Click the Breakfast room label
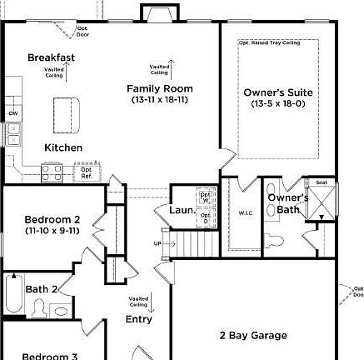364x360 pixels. [x=51, y=57]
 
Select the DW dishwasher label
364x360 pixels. [x=12, y=112]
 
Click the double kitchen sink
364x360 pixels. [x=13, y=133]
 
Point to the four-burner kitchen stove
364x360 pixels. [x=52, y=172]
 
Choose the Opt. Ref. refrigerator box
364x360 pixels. [x=86, y=173]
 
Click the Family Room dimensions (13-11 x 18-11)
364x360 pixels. [x=159, y=100]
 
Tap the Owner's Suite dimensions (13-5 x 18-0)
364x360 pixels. [x=278, y=104]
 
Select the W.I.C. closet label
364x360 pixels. [x=245, y=213]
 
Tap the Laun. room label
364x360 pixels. [x=182, y=211]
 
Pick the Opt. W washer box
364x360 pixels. [x=205, y=197]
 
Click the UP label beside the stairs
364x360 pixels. [x=158, y=243]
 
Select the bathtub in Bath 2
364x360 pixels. [x=14, y=293]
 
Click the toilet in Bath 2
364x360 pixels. [x=37, y=309]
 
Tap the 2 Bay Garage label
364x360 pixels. [x=253, y=336]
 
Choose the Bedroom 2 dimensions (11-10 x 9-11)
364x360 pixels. [x=52, y=231]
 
